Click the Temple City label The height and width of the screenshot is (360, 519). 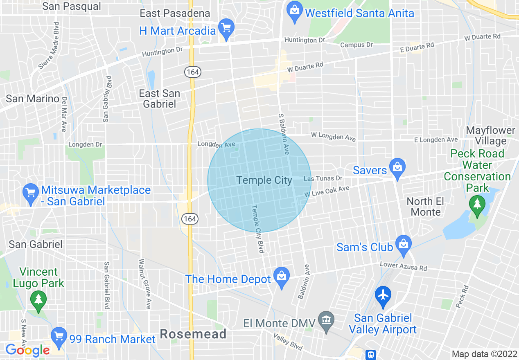point(264,180)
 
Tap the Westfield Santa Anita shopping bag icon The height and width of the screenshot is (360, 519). point(294,11)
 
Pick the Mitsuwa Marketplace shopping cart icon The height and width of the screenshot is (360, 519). point(31,193)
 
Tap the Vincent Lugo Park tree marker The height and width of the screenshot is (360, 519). point(38,301)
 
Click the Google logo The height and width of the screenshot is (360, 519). point(27,350)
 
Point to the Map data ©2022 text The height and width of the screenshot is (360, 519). point(484,354)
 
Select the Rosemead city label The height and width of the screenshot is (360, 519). point(193,334)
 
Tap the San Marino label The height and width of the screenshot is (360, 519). point(32,99)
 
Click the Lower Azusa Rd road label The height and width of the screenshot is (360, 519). point(403,266)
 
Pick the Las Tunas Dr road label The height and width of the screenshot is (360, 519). point(323,179)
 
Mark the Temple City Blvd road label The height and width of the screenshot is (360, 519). point(257,229)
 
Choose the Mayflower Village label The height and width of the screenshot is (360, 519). point(491,136)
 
